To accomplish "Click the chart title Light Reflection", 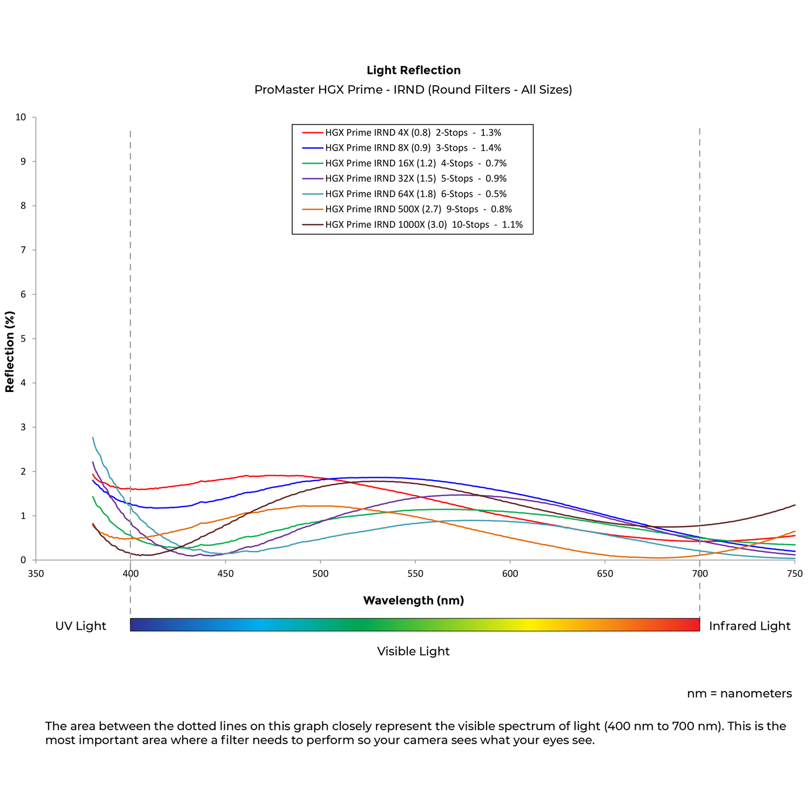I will (413, 70).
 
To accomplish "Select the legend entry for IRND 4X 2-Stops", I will (413, 132).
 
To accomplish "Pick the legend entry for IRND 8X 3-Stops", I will (413, 148).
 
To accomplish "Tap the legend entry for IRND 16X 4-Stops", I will (415, 163).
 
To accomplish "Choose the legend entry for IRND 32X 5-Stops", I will (415, 179).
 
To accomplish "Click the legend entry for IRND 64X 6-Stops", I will (415, 194).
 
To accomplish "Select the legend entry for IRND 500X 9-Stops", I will (418, 209).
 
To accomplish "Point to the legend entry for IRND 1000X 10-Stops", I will (423, 225).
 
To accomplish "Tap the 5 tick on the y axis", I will (23, 339).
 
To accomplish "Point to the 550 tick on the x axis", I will (415, 573).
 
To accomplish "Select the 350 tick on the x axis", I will (36, 573).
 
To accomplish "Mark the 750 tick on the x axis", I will (795, 573).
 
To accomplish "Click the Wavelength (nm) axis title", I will (413, 600).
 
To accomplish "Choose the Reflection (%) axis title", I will (10, 352).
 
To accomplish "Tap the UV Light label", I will (80, 626).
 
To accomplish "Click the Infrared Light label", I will (750, 626).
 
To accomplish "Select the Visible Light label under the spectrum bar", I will (413, 651).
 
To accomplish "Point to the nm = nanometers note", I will (739, 693).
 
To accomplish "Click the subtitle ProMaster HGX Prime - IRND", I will (413, 90).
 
